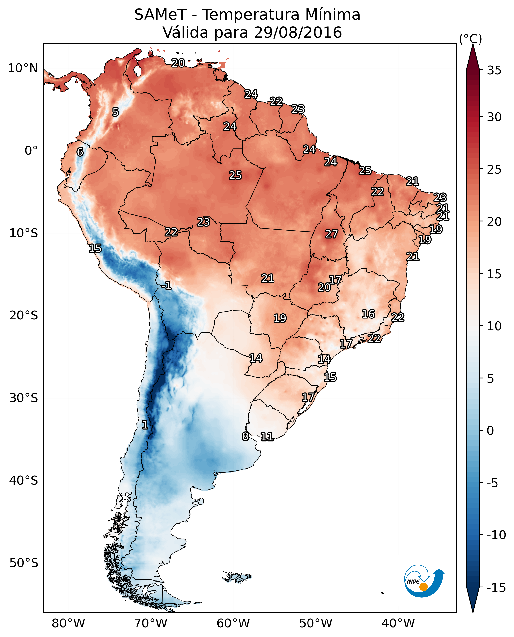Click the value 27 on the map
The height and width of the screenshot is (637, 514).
(x=331, y=234)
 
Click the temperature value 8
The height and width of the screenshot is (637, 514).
(x=245, y=436)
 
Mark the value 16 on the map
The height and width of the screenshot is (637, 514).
(x=368, y=314)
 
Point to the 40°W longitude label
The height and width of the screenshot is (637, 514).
(x=398, y=623)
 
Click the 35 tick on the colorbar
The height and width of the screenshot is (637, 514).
(x=494, y=70)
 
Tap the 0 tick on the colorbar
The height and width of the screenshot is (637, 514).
(x=490, y=430)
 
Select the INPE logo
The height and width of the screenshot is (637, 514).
(x=423, y=581)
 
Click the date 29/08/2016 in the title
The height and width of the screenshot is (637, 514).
(x=298, y=32)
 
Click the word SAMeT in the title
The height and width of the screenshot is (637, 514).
(x=160, y=15)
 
